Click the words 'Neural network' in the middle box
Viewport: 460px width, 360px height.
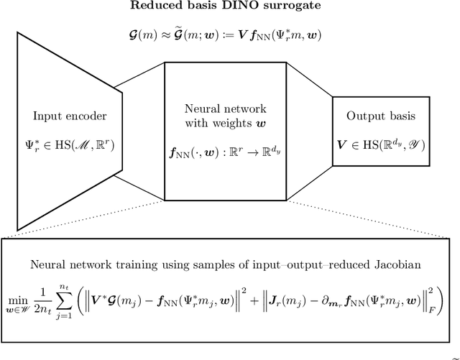point(226,109)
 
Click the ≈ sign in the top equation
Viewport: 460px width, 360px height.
point(166,34)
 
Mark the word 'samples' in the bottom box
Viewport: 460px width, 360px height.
point(234,266)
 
